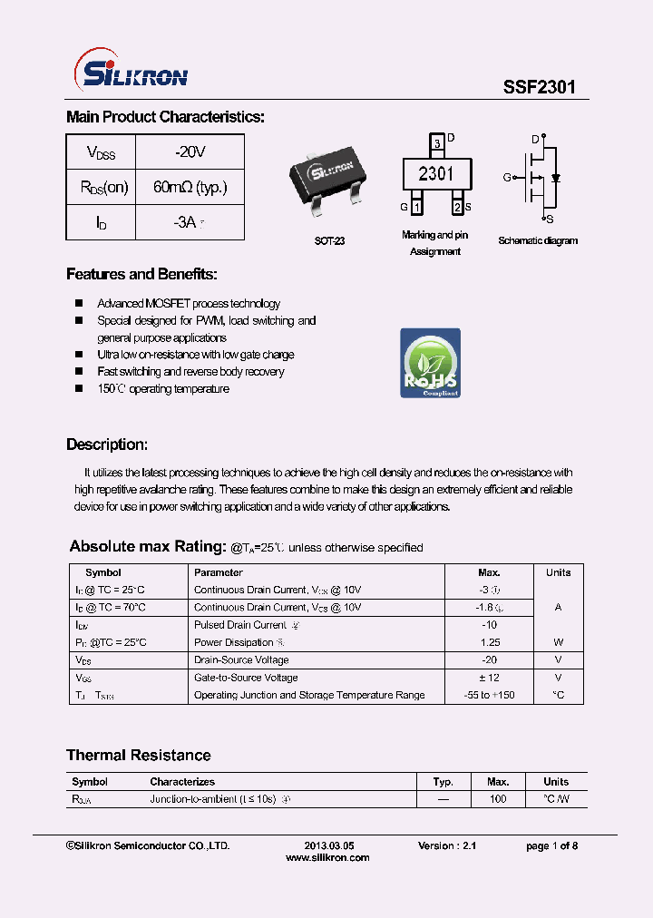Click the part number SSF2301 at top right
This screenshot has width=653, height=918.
(x=539, y=87)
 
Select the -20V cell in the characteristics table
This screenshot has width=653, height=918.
(x=190, y=151)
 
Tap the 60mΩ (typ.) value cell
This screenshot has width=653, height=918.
(x=190, y=187)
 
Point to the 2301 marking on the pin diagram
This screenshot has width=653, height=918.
(x=436, y=173)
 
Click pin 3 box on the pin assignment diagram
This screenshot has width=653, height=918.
(x=437, y=143)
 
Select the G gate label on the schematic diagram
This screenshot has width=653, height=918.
(x=507, y=177)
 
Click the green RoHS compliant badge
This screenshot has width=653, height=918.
(x=430, y=363)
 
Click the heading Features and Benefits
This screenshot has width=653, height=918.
(x=141, y=274)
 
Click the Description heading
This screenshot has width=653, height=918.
(x=107, y=444)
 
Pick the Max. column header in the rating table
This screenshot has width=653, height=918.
(x=489, y=572)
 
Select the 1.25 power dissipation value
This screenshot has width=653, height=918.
(x=489, y=642)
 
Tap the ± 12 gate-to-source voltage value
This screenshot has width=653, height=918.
(x=489, y=678)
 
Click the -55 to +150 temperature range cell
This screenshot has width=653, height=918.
(x=489, y=695)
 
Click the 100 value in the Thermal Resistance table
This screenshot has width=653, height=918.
(x=497, y=799)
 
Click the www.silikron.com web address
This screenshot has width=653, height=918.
(x=327, y=857)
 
